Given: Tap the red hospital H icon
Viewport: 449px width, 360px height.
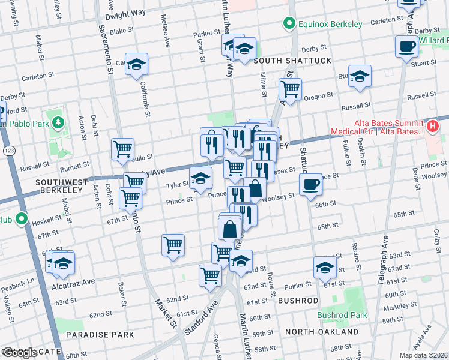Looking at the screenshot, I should pos(432,126).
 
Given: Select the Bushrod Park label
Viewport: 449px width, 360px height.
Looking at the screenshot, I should pos(342,315).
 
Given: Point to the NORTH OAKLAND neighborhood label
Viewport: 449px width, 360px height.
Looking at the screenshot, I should pos(321,331).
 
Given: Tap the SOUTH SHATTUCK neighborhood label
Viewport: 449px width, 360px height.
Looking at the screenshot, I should pos(292,61).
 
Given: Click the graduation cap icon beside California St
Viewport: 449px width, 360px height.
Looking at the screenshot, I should pos(137,64).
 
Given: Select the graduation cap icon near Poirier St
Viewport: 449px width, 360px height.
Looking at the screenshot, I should pos(324,268).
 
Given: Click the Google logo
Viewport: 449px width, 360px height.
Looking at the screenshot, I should pos(19,353).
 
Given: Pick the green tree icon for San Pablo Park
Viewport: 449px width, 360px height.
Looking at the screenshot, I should pos(58,123).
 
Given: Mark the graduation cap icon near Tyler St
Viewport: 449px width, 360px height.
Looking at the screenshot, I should pos(200,177).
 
